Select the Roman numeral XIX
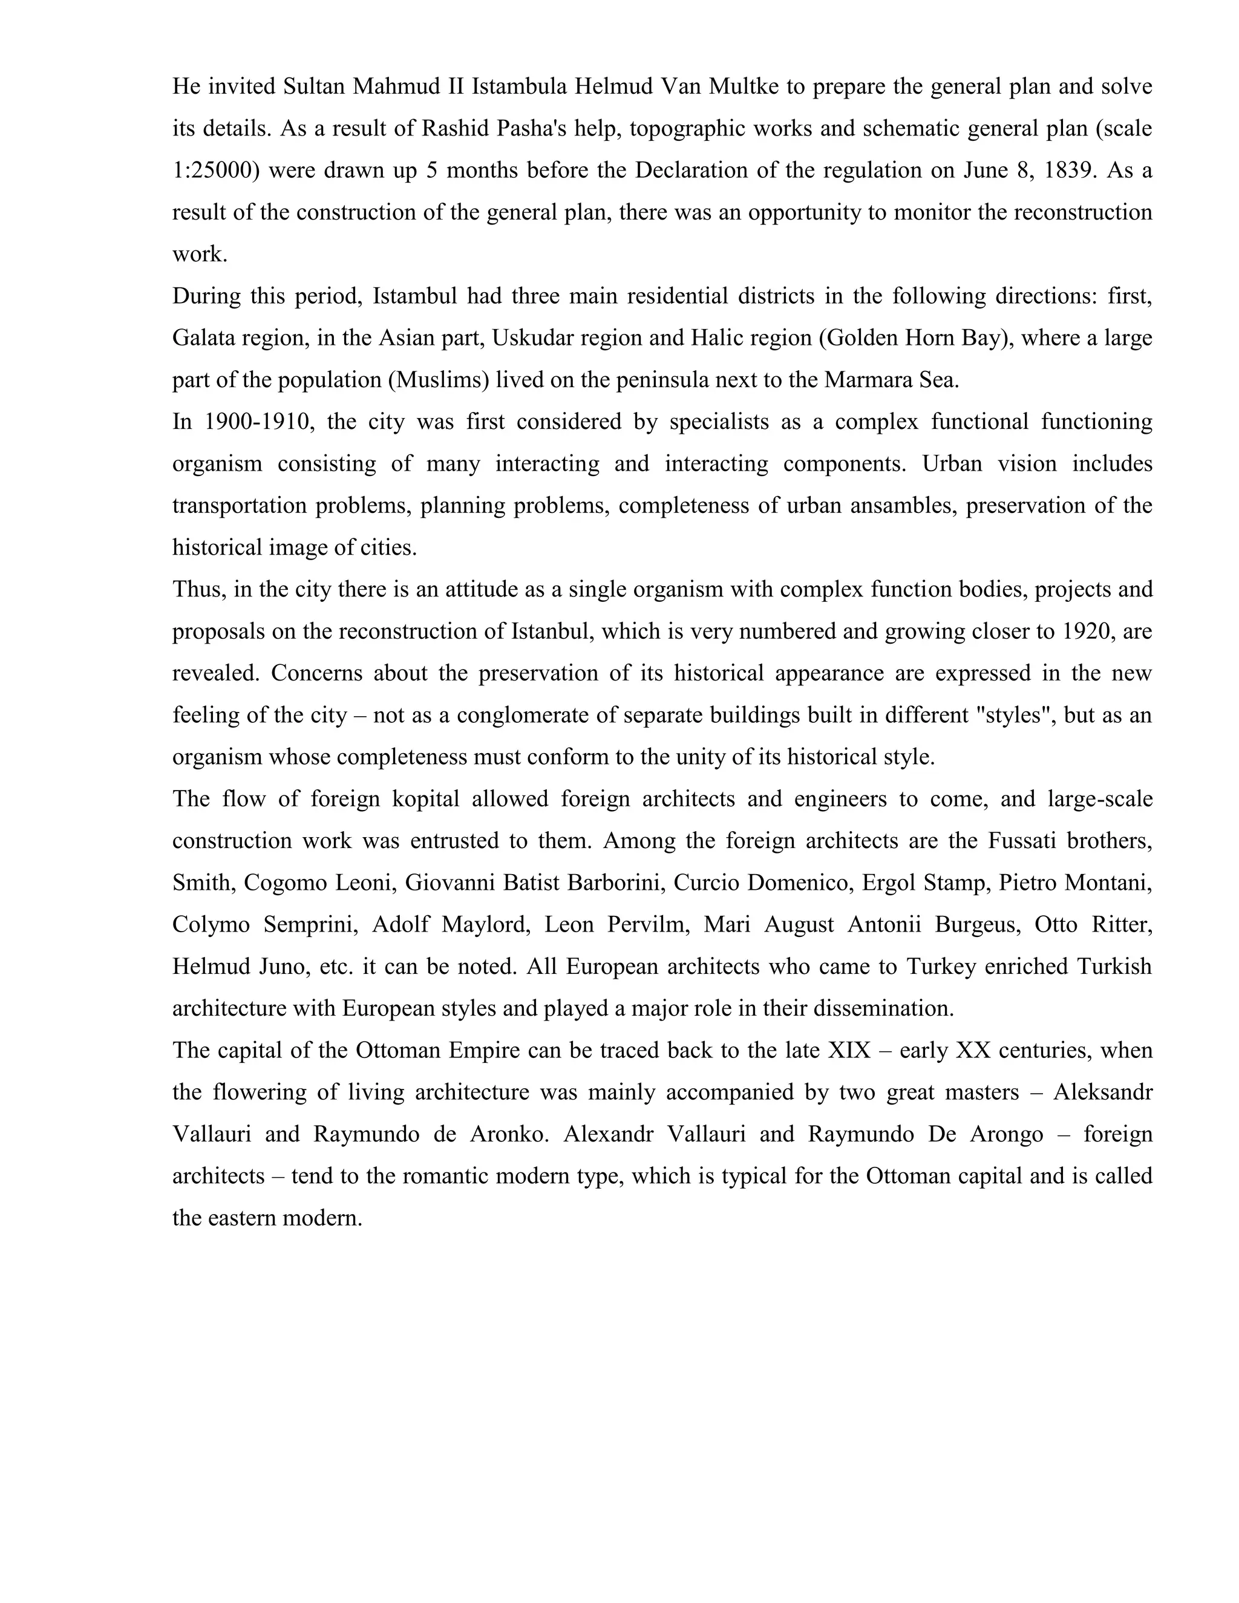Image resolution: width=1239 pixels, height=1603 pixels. tap(849, 1050)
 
